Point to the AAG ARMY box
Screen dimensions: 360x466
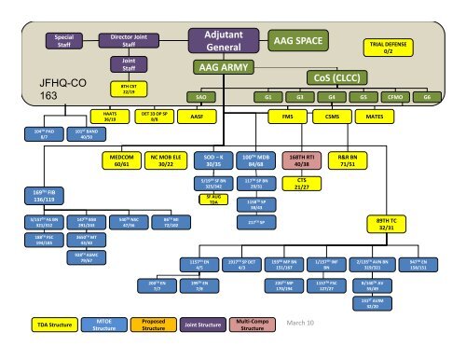(221, 68)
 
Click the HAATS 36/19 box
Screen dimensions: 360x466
(109, 117)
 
